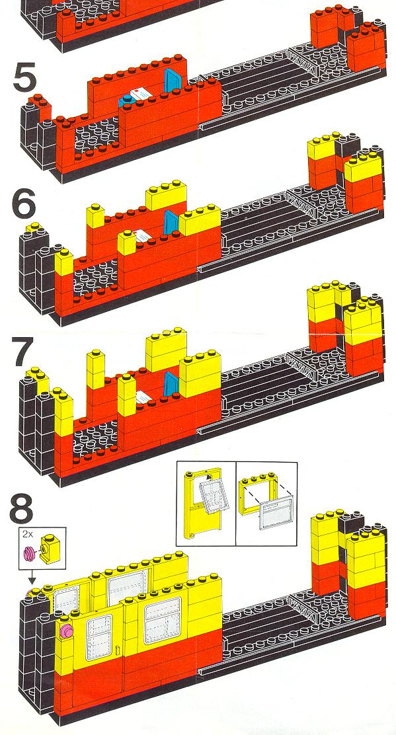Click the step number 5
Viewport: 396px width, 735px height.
tap(25, 78)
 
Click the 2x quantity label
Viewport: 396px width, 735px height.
tap(26, 533)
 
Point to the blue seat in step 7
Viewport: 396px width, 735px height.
tap(170, 382)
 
